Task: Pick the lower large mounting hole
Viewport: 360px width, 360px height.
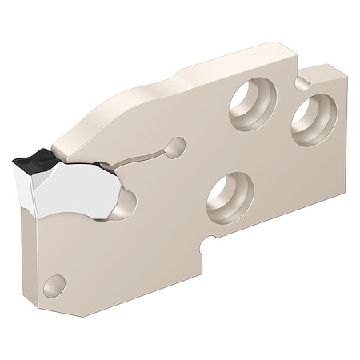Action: (x=231, y=196)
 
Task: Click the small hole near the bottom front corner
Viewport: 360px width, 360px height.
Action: (x=54, y=283)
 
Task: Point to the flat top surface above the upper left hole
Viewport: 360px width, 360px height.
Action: (x=232, y=68)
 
